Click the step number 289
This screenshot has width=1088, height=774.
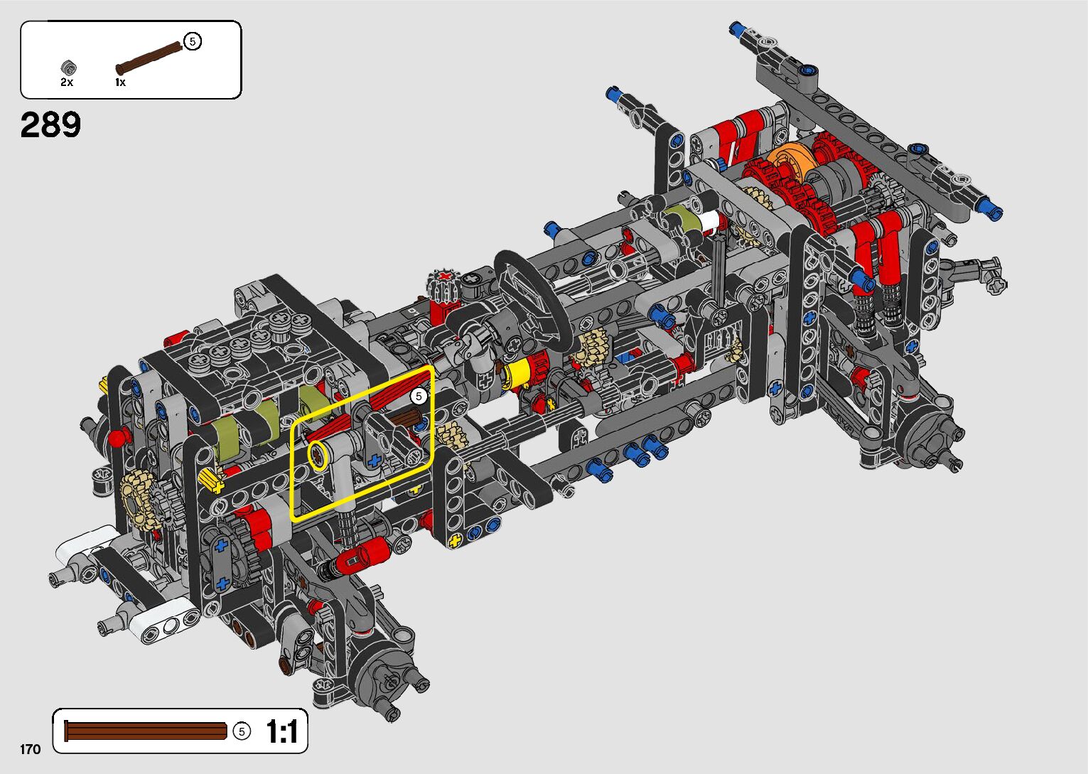pyautogui.click(x=50, y=124)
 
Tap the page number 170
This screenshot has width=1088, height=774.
pyautogui.click(x=30, y=749)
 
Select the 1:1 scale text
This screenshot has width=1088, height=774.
pyautogui.click(x=282, y=731)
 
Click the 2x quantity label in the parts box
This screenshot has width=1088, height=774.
pyautogui.click(x=67, y=82)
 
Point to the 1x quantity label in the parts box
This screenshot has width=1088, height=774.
pyautogui.click(x=121, y=82)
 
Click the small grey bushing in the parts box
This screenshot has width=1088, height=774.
pyautogui.click(x=68, y=68)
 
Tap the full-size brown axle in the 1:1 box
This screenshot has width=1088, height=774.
pyautogui.click(x=146, y=731)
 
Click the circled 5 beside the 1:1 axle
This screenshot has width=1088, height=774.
pyautogui.click(x=242, y=731)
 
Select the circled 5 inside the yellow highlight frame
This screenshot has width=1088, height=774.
pyautogui.click(x=419, y=397)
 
